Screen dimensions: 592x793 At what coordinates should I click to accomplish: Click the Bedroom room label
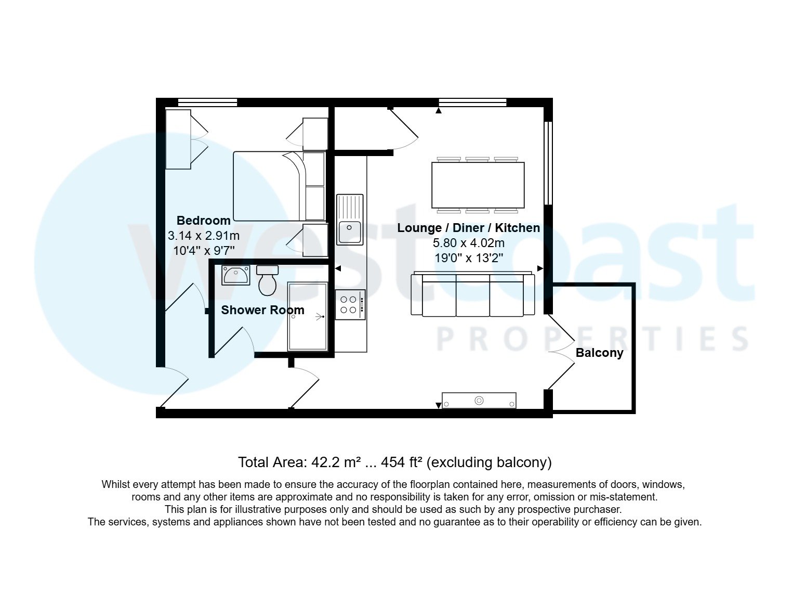coord(203,221)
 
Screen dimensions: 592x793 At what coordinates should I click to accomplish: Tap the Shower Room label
coord(262,311)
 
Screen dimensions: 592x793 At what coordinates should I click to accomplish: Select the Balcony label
coord(599,353)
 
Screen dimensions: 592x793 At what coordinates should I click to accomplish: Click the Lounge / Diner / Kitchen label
coord(468,228)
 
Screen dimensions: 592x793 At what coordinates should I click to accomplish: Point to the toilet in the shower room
coord(268,281)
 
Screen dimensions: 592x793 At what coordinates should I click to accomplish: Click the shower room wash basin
coord(235,275)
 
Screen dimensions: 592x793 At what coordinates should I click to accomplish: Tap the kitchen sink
coord(350,219)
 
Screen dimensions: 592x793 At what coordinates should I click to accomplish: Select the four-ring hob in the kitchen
coord(350,305)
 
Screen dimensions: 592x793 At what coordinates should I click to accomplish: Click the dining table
coord(478,185)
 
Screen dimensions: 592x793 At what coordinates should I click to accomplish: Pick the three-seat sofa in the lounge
coord(472,294)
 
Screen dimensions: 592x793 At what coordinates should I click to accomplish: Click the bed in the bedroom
coord(268,186)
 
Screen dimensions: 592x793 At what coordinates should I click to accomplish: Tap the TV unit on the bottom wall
coord(479,401)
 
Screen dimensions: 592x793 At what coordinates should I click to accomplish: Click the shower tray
coord(307,317)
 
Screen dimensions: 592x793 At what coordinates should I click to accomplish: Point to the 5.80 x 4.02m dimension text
coord(468,243)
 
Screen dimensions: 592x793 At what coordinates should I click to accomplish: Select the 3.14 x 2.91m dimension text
coord(203,236)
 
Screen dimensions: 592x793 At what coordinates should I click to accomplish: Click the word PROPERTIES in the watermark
coord(592,339)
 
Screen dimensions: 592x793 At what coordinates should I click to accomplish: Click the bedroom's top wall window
coord(207,102)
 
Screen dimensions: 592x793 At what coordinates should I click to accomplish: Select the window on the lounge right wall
coord(548,163)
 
